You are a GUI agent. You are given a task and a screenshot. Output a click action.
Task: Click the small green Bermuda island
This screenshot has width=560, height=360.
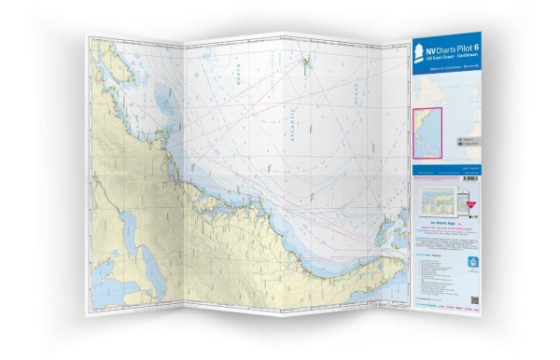coord(307,63)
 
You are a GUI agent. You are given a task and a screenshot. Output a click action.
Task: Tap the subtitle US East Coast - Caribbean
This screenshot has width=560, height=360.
coord(449,58)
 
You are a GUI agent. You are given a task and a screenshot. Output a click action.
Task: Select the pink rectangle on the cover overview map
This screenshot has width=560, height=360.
coord(427,129)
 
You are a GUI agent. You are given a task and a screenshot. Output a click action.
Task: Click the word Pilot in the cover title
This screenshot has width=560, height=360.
coord(460,47)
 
